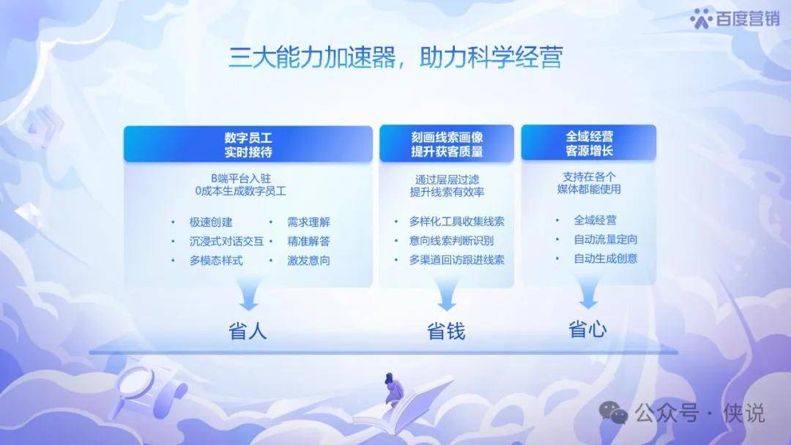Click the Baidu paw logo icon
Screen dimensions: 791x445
pos(701,18)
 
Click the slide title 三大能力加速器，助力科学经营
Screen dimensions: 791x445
pos(395,57)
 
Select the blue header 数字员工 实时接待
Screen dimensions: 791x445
pos(248,144)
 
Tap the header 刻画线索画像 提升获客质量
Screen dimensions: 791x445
pos(447,144)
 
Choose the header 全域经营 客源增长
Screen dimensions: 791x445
pos(589,143)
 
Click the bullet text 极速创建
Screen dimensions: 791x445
pos(211,222)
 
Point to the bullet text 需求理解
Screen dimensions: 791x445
pos(309,222)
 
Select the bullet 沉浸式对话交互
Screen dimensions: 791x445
pos(226,242)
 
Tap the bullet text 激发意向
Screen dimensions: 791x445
pos(309,261)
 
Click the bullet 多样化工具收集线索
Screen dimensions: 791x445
pos(456,221)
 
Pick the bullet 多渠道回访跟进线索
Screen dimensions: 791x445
pos(456,260)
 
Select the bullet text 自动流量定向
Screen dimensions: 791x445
pos(606,239)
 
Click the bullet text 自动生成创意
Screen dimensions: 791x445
pos(606,258)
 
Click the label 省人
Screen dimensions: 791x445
pos(248,332)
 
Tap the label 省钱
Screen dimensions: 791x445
pos(446,331)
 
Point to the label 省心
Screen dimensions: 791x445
pos(587,329)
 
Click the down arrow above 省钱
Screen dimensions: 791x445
pos(447,294)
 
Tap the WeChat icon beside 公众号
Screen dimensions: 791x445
pos(613,413)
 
